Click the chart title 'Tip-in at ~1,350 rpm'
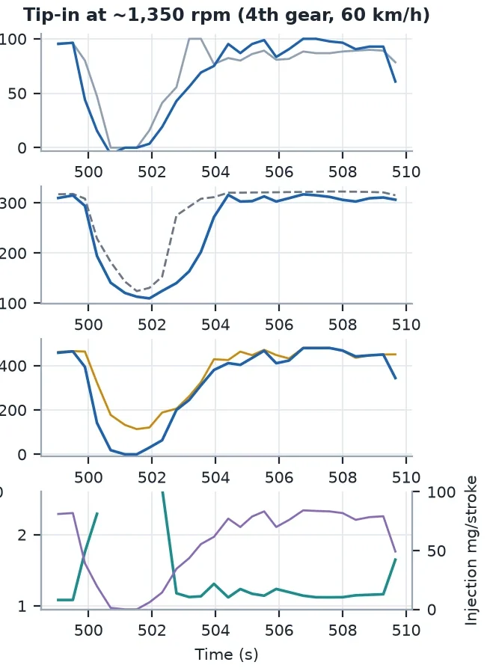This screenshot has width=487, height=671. click(127, 15)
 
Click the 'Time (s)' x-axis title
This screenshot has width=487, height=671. click(227, 655)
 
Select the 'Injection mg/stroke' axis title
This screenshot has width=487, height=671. click(471, 551)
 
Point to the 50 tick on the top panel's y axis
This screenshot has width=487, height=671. click(17, 94)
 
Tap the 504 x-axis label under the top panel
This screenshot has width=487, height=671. click(215, 172)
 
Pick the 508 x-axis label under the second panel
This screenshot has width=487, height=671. click(343, 325)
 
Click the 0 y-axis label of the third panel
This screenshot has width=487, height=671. click(22, 455)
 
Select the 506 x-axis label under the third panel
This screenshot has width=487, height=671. click(279, 477)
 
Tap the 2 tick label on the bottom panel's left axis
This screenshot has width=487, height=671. click(22, 535)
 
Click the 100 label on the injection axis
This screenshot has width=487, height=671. click(441, 492)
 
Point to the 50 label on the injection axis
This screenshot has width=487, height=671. click(436, 551)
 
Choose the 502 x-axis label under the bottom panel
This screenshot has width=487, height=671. click(152, 631)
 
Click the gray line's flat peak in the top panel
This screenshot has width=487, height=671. click(195, 38)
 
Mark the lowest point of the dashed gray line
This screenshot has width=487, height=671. click(137, 291)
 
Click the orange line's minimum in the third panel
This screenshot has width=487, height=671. click(137, 429)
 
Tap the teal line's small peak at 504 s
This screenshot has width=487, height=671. click(214, 583)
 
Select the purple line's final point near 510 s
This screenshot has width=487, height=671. click(396, 552)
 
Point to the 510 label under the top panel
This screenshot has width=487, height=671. click(406, 172)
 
